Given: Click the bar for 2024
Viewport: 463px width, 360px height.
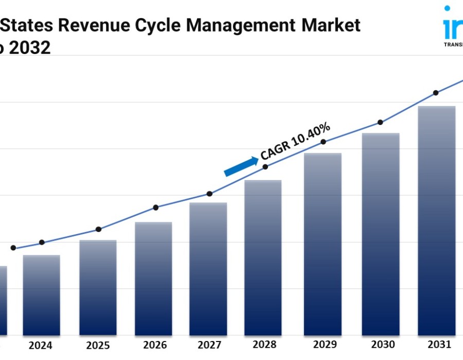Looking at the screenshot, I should click(42, 295).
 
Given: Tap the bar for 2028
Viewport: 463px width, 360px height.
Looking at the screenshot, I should click(263, 258).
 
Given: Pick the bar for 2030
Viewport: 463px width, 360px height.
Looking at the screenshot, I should click(381, 234).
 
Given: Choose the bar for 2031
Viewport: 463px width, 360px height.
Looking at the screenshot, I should click(436, 221).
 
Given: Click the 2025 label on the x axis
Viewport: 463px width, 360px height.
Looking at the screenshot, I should click(97, 346).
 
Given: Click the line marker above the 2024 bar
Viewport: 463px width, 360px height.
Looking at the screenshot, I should click(42, 242).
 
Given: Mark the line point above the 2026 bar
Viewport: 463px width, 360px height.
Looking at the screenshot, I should click(156, 207).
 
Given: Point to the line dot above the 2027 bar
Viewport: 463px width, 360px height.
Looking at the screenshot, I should click(209, 194).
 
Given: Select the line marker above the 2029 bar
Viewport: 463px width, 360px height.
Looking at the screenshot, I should click(324, 141).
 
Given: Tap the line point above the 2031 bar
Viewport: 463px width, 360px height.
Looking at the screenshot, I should click(436, 93).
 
